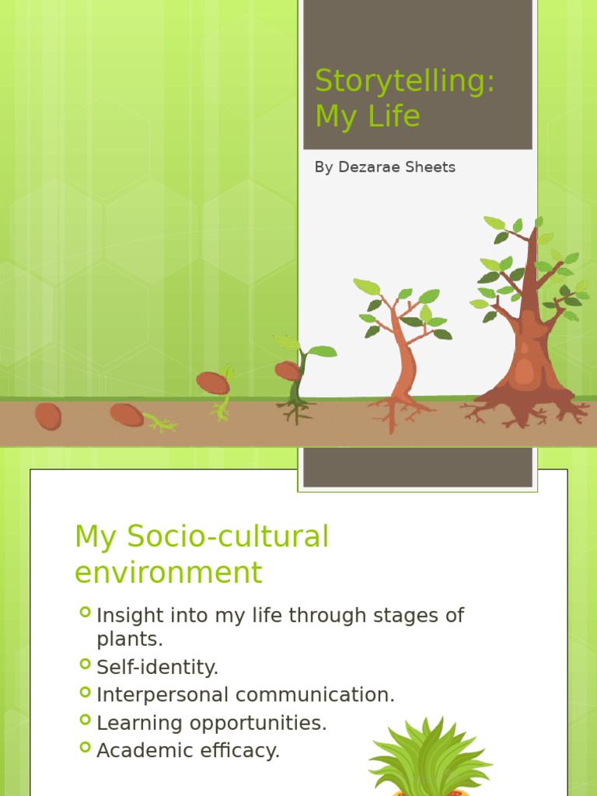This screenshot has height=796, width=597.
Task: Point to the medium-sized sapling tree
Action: (404, 350)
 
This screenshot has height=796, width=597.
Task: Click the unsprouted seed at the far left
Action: (47, 416)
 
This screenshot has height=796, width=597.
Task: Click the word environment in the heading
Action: (168, 573)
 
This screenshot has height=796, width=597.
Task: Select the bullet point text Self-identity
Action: (157, 667)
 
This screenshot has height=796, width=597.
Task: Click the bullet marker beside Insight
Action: (85, 613)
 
